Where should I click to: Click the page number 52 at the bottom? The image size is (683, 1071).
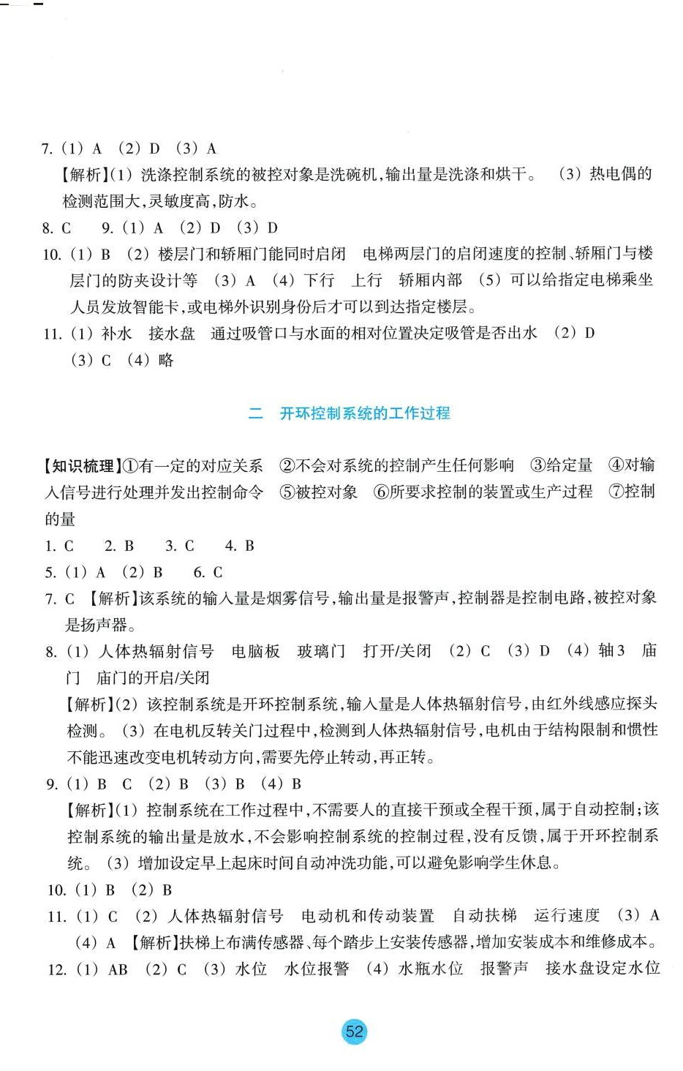[x=354, y=1031]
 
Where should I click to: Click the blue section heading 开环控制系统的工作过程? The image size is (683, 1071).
[x=365, y=413]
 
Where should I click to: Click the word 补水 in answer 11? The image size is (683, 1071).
[x=116, y=334]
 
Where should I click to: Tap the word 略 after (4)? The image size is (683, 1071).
[x=166, y=360]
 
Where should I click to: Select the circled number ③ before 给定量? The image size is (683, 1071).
[x=538, y=466]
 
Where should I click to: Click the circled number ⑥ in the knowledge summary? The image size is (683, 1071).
[x=381, y=492]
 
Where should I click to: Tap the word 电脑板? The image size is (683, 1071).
[x=256, y=651]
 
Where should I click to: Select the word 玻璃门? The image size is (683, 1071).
[x=321, y=651]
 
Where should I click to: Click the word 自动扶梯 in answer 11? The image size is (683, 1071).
[x=484, y=916]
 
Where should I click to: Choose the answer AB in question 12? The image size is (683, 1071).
[x=118, y=969]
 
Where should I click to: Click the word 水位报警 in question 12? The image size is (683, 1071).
[x=317, y=969]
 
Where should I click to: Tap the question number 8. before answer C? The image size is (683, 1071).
[x=48, y=228]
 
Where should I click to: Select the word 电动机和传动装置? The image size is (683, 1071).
[x=367, y=916]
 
